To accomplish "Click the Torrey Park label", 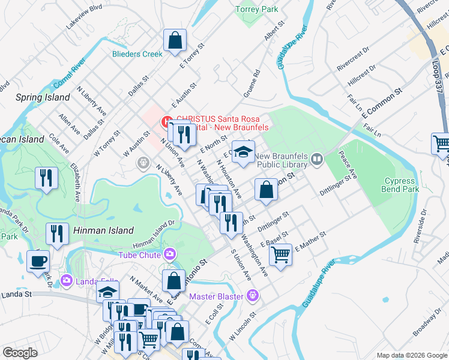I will pyautogui.click(x=256, y=10).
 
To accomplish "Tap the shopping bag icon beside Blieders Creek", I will pyautogui.click(x=175, y=41).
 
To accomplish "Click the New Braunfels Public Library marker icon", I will pyautogui.click(x=316, y=160).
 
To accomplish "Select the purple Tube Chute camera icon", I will pyautogui.click(x=170, y=254).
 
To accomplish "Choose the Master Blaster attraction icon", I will pyautogui.click(x=253, y=296).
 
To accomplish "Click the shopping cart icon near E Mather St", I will pyautogui.click(x=280, y=254).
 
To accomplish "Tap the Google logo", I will pyautogui.click(x=20, y=353).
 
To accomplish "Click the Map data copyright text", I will pyautogui.click(x=412, y=355).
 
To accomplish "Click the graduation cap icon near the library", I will pyautogui.click(x=243, y=152).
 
